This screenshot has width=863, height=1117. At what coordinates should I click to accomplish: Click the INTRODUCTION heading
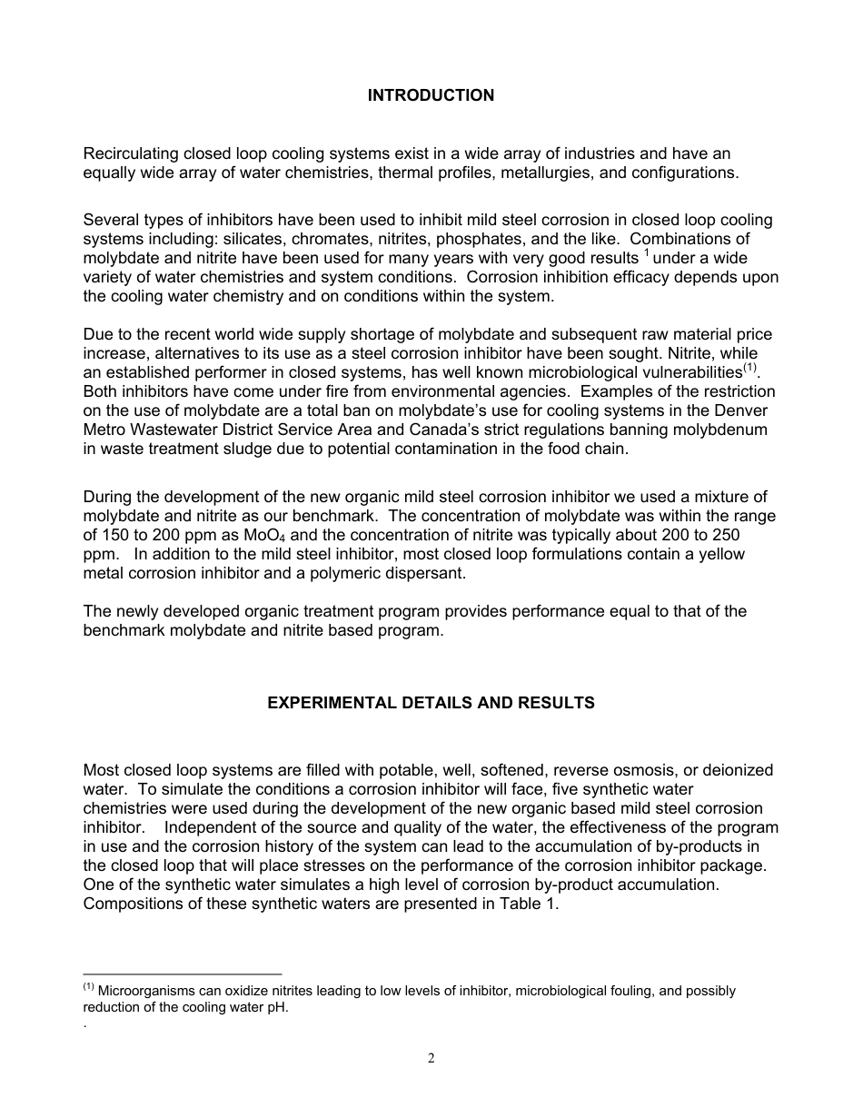[431, 95]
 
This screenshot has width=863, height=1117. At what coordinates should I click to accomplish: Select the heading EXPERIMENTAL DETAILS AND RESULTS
[431, 703]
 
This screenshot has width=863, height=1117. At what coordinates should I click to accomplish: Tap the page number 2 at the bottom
[431, 1058]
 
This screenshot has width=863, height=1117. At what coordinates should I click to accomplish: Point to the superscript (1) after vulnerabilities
[749, 369]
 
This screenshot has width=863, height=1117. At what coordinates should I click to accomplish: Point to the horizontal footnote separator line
[182, 974]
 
